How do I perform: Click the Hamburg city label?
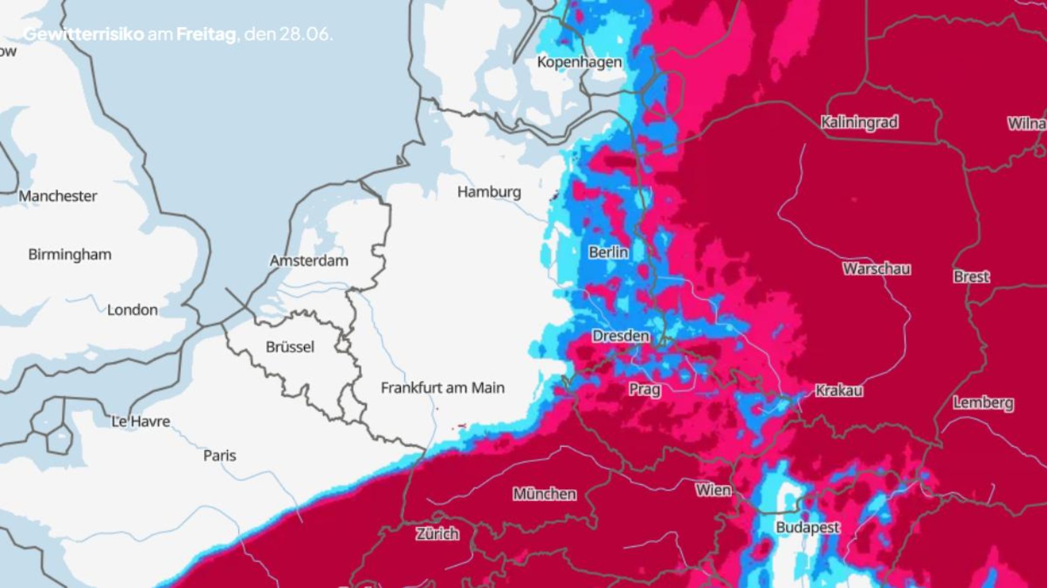click(x=489, y=192)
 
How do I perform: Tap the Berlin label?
click(x=608, y=252)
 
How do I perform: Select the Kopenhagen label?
click(x=579, y=62)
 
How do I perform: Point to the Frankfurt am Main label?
click(x=442, y=388)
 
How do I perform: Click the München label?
click(x=545, y=494)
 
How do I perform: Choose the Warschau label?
click(x=876, y=269)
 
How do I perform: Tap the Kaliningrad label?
click(x=859, y=122)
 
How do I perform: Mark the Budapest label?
click(x=808, y=527)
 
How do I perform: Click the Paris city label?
click(x=220, y=456)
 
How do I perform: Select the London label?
click(x=132, y=310)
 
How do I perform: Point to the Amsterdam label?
click(x=309, y=261)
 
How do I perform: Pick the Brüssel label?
click(x=290, y=347)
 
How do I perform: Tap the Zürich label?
click(x=437, y=534)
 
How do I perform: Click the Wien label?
click(x=713, y=490)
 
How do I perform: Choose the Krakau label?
click(x=839, y=391)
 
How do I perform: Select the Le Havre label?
click(x=141, y=421)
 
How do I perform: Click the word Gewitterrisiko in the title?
click(x=84, y=35)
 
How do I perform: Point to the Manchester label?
click(x=58, y=196)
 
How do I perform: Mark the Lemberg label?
click(x=983, y=403)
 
